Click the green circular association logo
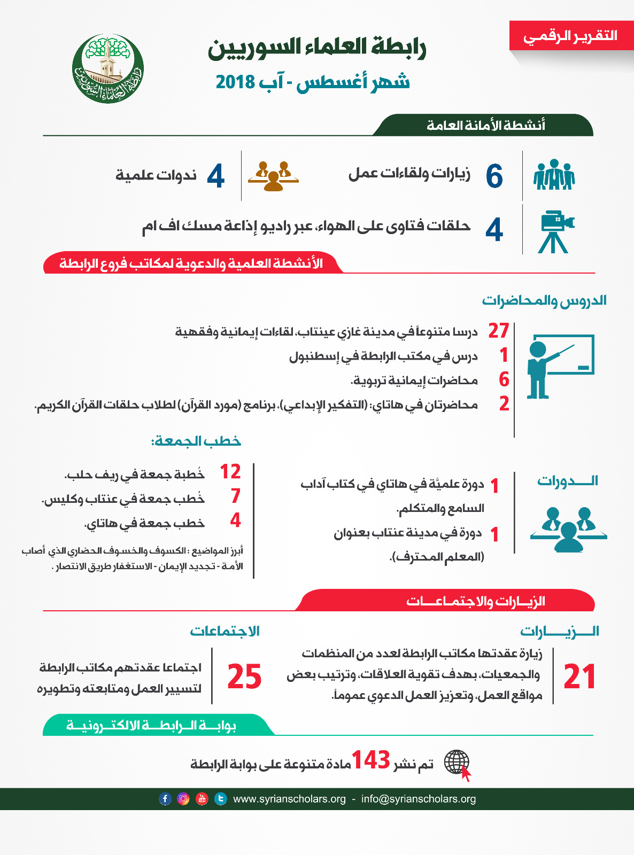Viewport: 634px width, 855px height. click(108, 68)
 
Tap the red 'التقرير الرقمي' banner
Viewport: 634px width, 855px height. click(571, 36)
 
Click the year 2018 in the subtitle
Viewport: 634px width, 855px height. click(236, 82)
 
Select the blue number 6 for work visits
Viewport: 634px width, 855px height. click(494, 176)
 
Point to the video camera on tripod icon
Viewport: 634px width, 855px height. click(555, 231)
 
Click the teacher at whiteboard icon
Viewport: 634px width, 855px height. click(559, 367)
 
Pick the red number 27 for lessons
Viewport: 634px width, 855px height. click(498, 331)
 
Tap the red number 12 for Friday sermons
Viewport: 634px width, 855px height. click(230, 471)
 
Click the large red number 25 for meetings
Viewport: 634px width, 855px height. click(244, 677)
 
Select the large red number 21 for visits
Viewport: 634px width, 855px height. click(580, 677)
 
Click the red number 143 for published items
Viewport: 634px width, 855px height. click(370, 760)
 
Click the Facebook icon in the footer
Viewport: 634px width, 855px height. click(165, 799)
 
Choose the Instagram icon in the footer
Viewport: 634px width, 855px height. click(183, 799)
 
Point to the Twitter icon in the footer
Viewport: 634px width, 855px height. click(220, 799)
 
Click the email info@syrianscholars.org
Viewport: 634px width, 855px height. click(419, 799)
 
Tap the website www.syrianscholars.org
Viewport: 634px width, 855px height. click(289, 799)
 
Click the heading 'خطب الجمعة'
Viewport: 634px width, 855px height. click(196, 441)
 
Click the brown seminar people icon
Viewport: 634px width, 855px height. click(273, 176)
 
